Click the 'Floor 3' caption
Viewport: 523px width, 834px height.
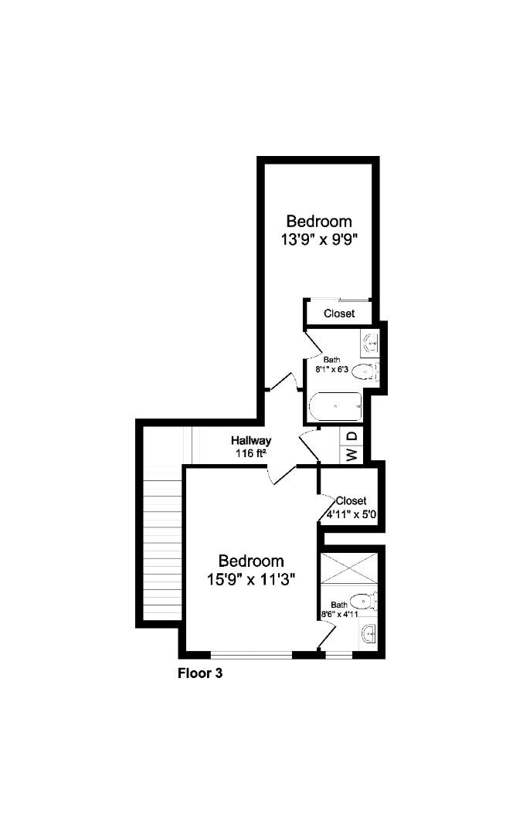(x=200, y=673)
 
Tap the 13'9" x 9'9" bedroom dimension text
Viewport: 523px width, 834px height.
(x=318, y=239)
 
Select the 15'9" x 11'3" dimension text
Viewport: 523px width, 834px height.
(x=251, y=579)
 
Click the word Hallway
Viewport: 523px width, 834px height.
(x=251, y=440)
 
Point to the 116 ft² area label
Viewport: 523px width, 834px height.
(x=250, y=453)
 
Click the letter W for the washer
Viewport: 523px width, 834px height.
(x=351, y=455)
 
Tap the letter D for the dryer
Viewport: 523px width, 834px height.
(x=352, y=436)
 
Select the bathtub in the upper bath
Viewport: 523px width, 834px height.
(x=336, y=407)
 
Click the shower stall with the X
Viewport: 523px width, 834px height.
(x=349, y=568)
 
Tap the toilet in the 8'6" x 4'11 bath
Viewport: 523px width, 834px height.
(x=363, y=601)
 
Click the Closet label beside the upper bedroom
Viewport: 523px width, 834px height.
(x=339, y=314)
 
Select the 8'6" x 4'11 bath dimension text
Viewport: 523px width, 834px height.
(x=339, y=614)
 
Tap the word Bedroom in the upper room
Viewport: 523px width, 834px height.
(x=319, y=221)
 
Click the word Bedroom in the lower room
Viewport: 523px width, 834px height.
(x=251, y=561)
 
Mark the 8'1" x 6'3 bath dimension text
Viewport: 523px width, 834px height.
(x=332, y=369)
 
